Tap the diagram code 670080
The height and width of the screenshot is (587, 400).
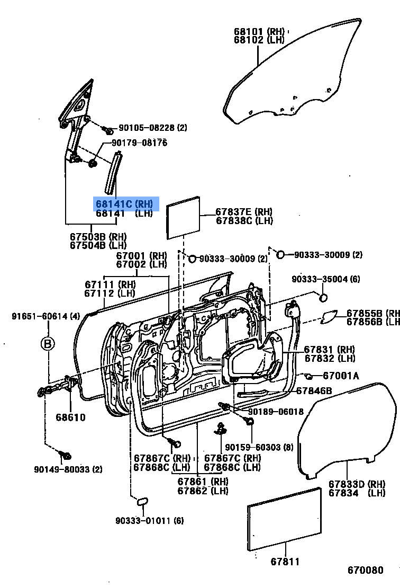click(365, 570)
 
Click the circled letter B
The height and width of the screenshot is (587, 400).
click(48, 344)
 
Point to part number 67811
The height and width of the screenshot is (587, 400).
click(285, 562)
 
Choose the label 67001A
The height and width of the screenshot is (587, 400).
click(340, 376)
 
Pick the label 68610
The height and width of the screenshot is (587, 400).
click(70, 417)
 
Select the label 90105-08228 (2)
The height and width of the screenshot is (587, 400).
click(152, 128)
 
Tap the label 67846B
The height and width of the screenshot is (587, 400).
click(314, 391)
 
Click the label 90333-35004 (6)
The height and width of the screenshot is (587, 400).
click(326, 279)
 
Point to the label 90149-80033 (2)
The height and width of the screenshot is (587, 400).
click(68, 469)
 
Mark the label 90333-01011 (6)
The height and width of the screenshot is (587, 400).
click(150, 521)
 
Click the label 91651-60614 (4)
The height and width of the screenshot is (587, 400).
click(46, 316)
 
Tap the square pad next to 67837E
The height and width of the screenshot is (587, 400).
click(184, 218)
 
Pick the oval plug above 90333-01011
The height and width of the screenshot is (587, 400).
click(142, 501)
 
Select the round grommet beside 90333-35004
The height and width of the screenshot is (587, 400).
click(323, 298)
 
